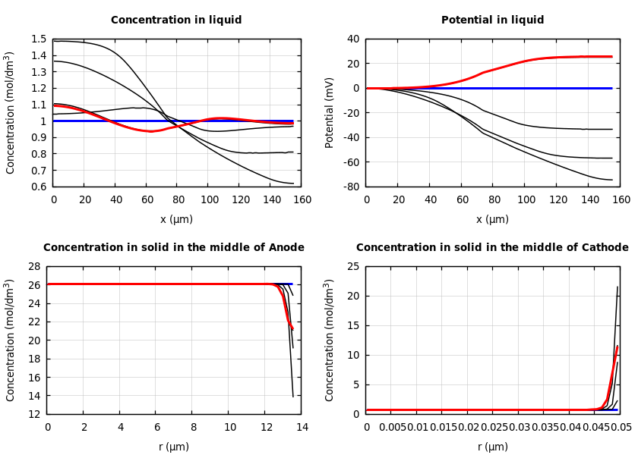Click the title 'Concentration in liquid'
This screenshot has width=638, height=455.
(x=176, y=20)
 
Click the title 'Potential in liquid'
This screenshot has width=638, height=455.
(x=492, y=20)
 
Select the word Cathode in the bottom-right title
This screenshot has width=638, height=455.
(x=605, y=248)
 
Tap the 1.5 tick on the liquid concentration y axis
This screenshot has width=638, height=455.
(x=38, y=39)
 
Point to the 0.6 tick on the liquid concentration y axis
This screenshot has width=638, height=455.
(x=38, y=187)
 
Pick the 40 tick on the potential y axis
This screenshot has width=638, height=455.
(x=352, y=39)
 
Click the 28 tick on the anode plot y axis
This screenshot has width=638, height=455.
(x=33, y=267)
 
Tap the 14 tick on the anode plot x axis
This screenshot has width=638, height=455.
(x=302, y=428)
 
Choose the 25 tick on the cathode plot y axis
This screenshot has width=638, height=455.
(x=352, y=267)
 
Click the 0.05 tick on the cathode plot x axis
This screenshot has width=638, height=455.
(x=621, y=428)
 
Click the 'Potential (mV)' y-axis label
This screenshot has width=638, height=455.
(x=330, y=112)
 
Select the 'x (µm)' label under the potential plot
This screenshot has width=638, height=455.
(x=492, y=220)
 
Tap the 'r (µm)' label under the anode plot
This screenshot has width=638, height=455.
(x=174, y=447)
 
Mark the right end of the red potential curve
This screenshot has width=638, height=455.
(x=612, y=56)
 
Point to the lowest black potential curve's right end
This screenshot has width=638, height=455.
(x=612, y=180)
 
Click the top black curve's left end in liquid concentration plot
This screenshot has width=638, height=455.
(x=54, y=41)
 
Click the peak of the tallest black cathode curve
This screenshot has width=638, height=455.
(x=617, y=287)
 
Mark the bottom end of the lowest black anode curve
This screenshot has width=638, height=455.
(x=293, y=396)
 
